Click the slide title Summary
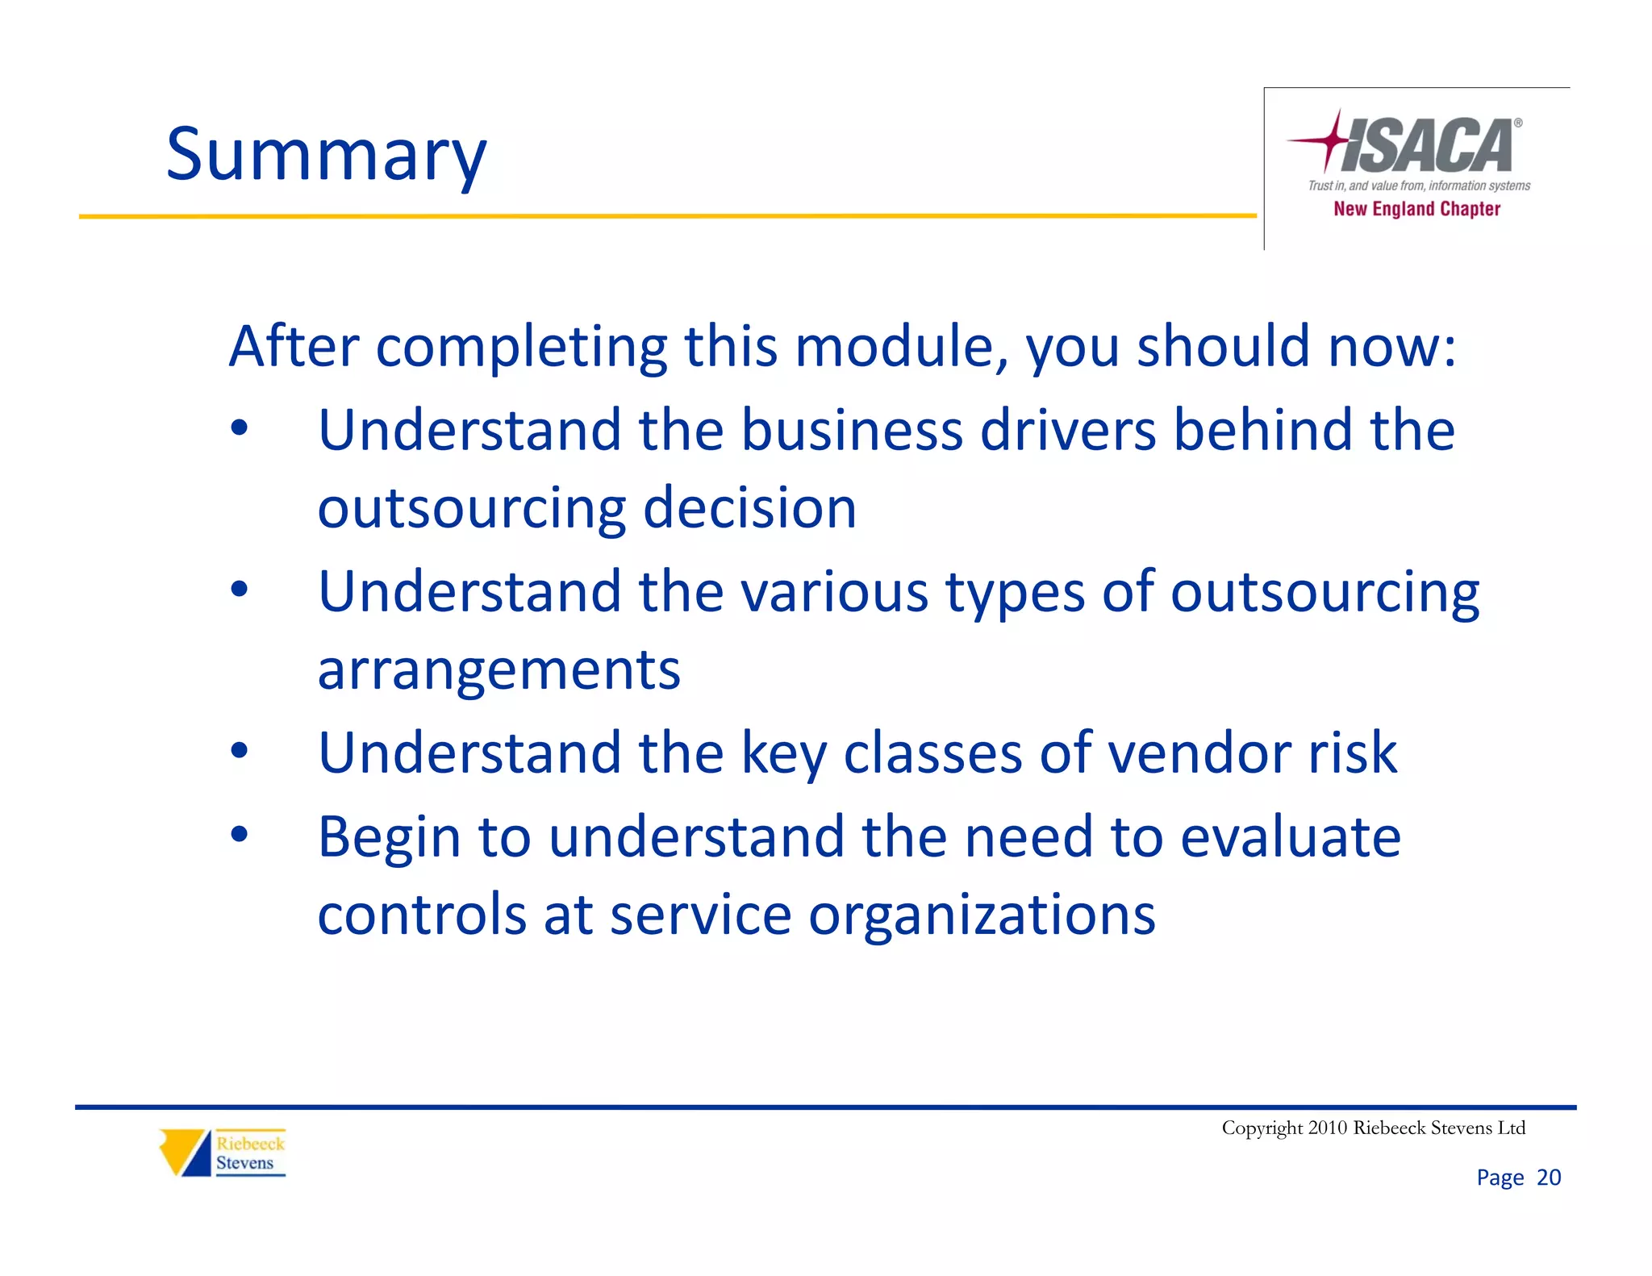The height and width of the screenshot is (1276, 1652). pos(326,155)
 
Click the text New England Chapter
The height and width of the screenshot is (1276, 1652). pos(1416,209)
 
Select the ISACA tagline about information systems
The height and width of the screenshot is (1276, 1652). pos(1418,186)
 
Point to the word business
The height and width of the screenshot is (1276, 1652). pos(852,430)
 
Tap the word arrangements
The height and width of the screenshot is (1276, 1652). pos(499,670)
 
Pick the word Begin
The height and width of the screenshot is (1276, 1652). pos(390,839)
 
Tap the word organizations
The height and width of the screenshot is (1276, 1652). pos(982,915)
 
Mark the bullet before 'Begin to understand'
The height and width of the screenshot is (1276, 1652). pos(240,835)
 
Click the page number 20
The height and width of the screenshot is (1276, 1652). pos(1548,1178)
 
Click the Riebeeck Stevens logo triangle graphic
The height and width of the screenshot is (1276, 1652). pos(185,1152)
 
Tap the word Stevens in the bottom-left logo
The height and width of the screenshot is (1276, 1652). pos(244,1163)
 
